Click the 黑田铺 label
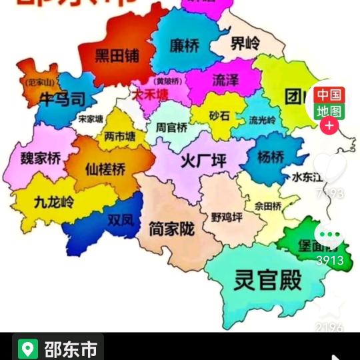tap(117, 55)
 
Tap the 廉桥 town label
tap(185, 45)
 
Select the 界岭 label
tap(245, 45)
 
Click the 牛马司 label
tap(63, 100)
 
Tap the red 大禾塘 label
tap(150, 95)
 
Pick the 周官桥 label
tap(171, 127)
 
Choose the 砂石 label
tap(219, 116)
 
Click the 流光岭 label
tap(262, 121)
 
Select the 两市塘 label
tap(120, 137)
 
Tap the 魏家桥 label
tap(40, 159)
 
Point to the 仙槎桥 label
tap(105, 169)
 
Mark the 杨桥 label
tap(271, 157)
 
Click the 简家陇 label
tap(172, 229)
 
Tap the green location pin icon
tap(27, 349)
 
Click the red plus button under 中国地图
tap(329, 125)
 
